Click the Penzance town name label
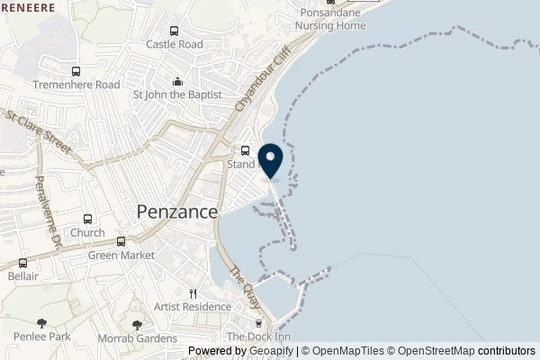pos(176,212)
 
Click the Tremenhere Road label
pos(76,85)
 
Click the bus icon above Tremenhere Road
pos(76,70)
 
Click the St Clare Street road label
pos(38,130)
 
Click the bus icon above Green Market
pos(120,240)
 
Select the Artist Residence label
pos(192,307)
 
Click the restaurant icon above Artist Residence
pos(192,292)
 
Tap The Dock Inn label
pos(258,337)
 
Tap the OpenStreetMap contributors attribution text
pos(467,352)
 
